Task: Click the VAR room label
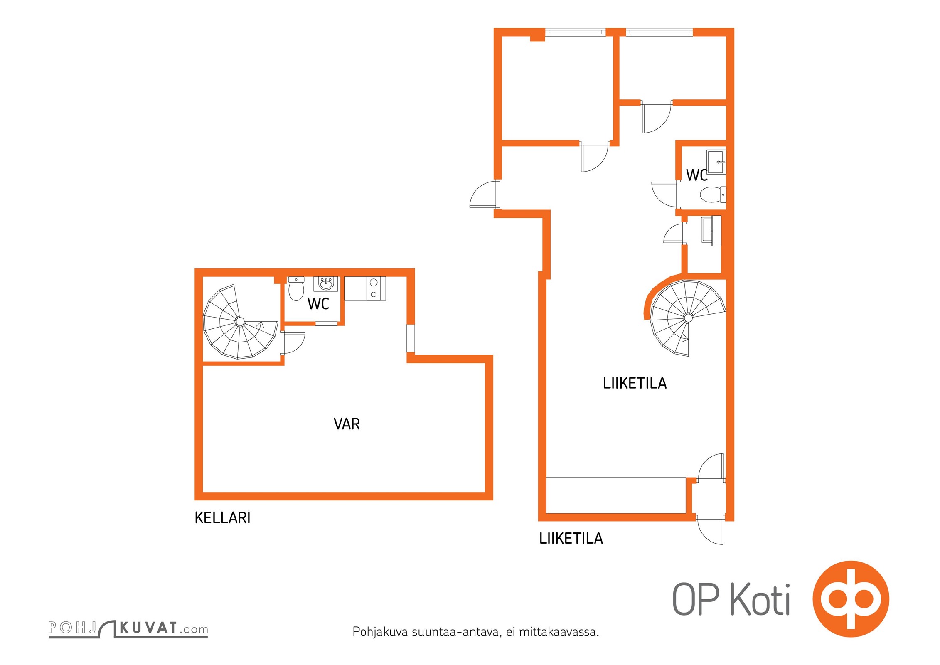(x=347, y=424)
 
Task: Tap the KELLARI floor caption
(x=222, y=518)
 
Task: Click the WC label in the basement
(x=318, y=304)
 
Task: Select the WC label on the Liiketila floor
(x=696, y=175)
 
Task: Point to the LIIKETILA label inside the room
(x=635, y=383)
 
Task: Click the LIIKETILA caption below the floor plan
(x=571, y=539)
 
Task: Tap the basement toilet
(x=296, y=288)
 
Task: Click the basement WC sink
(x=326, y=284)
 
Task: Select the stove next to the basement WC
(x=365, y=288)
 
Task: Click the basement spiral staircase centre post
(x=240, y=321)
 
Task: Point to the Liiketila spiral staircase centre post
(x=688, y=318)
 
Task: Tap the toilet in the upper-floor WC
(x=713, y=195)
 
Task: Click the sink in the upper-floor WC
(x=716, y=162)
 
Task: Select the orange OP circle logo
(x=851, y=599)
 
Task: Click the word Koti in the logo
(x=760, y=599)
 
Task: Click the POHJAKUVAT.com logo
(x=128, y=628)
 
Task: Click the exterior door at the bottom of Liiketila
(x=710, y=530)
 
